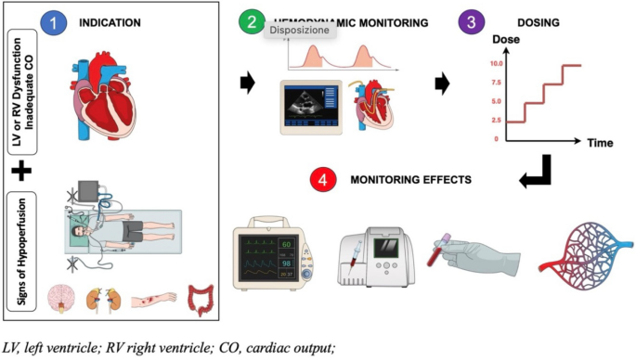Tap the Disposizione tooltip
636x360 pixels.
pos(300,30)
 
